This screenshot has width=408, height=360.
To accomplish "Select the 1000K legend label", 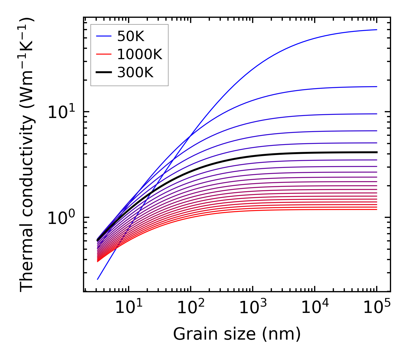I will (140, 54).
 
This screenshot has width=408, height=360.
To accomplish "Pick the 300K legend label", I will (135, 73).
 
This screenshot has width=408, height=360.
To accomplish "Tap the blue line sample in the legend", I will (103, 36).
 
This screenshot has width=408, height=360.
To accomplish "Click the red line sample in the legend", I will (103, 54).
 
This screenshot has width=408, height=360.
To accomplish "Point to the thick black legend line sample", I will (103, 73).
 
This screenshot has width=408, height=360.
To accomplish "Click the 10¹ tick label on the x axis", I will (128, 308).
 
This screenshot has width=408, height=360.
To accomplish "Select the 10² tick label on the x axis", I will (190, 308).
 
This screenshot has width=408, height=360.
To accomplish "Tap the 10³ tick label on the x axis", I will (252, 308).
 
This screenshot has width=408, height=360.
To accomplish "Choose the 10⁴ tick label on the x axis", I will (314, 308).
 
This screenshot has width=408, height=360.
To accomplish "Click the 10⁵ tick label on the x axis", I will (376, 308).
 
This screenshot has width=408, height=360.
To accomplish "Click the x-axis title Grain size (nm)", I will (237, 334).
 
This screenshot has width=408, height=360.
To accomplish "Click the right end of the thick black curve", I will (376, 152).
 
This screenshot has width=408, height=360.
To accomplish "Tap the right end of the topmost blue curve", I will (376, 30).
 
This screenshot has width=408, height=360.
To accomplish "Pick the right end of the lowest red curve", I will (376, 209).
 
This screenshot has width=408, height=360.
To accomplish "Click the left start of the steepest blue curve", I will (98, 279).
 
